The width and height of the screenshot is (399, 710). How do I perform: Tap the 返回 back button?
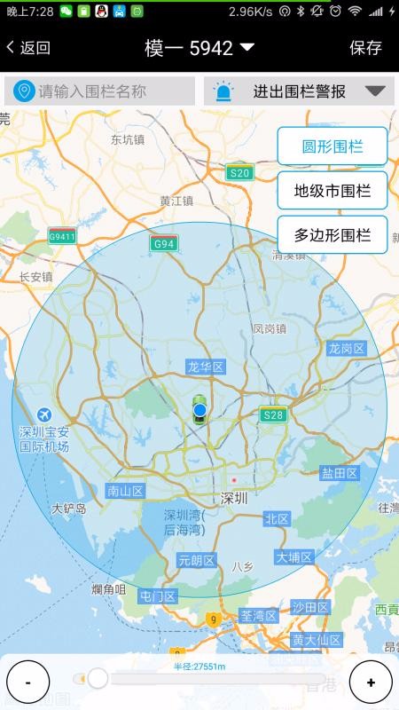point(28,48)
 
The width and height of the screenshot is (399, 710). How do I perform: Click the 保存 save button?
point(365,48)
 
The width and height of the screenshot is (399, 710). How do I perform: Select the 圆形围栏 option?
point(332,146)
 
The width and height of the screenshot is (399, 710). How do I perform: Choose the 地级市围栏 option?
point(332,190)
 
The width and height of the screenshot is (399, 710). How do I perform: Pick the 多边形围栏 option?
point(332,235)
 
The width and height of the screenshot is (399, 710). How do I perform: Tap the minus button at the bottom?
point(28,682)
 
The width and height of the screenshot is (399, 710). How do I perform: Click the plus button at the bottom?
point(371,682)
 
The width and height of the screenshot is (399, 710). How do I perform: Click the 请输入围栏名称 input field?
point(99,91)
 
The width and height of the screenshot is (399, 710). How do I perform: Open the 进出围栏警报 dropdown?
point(300,91)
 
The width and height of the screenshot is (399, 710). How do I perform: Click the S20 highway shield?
point(239,173)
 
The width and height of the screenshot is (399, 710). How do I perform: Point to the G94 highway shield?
point(163,243)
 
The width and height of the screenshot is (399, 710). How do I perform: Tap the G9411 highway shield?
point(62,236)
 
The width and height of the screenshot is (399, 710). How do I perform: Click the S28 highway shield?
point(273,414)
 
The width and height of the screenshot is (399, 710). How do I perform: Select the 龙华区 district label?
point(206,367)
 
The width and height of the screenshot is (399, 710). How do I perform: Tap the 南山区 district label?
point(125,490)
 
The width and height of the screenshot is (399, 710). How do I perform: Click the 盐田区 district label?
point(340,473)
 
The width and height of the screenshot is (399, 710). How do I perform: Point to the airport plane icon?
point(43,414)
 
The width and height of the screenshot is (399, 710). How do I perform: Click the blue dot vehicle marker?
point(200,409)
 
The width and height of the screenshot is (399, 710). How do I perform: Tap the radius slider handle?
point(97,679)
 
